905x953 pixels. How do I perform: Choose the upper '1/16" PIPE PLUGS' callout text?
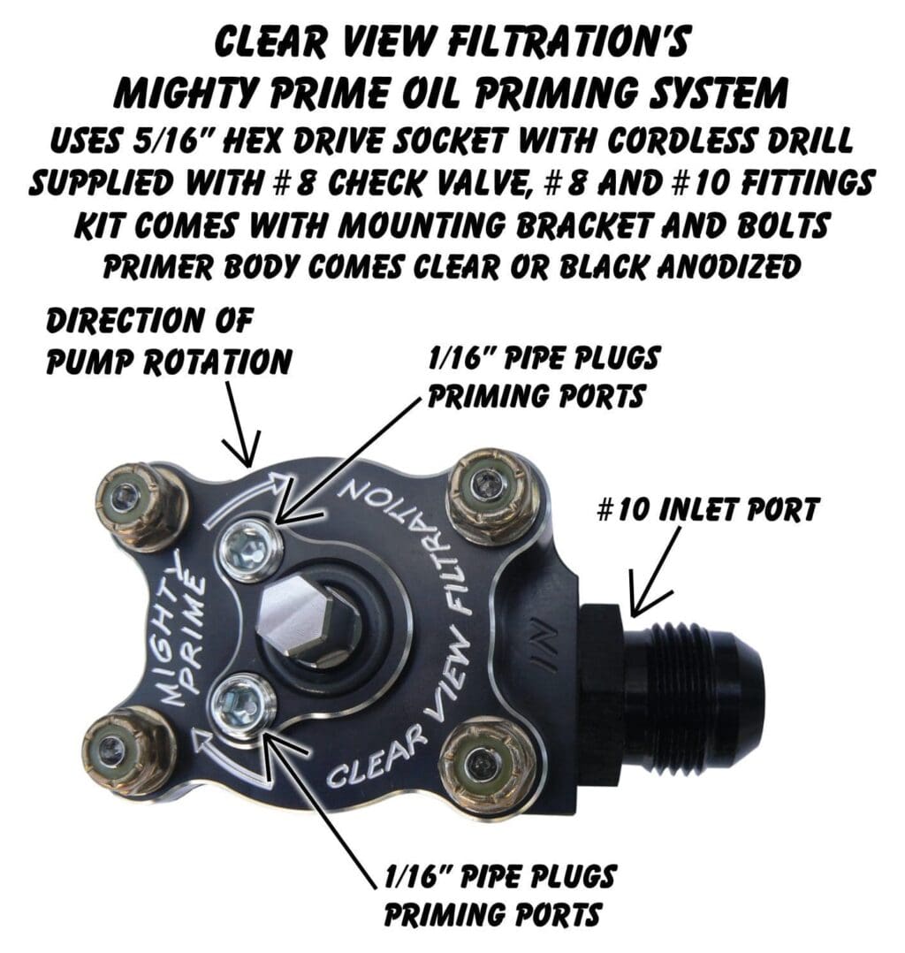(543, 359)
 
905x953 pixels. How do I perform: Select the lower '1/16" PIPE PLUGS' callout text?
(499, 876)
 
